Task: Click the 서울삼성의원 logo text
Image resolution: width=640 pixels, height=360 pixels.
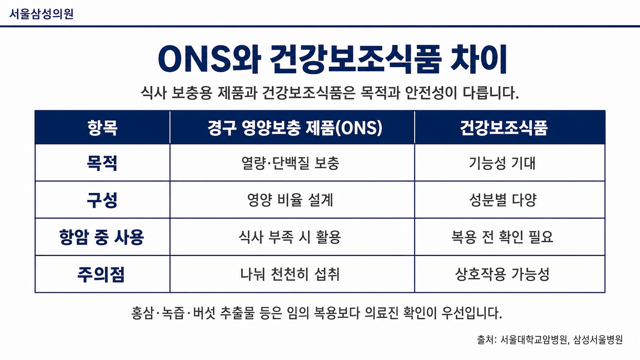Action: pos(42,14)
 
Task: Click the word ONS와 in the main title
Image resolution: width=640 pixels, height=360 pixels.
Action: pos(209,59)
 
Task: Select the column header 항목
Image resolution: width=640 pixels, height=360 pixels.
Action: pos(102,128)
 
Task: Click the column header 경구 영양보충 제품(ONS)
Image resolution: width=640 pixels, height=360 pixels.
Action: pos(295,128)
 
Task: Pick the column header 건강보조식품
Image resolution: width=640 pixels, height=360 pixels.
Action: pos(504,128)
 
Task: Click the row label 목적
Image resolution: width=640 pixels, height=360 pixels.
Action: pos(102,163)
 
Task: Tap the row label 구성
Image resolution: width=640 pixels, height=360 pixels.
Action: pos(102,200)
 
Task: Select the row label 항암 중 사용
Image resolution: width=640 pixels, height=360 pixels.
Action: pos(101,237)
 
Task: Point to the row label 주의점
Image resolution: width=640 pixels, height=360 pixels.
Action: pos(101,274)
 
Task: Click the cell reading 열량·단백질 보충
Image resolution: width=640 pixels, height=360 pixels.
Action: pos(290,163)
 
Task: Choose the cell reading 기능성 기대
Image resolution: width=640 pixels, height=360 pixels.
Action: pos(502,163)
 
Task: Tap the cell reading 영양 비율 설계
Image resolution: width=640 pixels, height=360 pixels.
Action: pos(290,200)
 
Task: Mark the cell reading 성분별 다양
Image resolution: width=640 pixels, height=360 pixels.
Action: pos(503,200)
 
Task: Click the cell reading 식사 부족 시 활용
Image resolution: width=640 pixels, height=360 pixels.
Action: pos(290,237)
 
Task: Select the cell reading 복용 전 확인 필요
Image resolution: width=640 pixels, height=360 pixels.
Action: pos(502,237)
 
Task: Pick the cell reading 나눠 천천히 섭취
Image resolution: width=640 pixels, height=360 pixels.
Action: pos(290,274)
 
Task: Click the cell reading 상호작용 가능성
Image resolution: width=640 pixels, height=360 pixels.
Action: pos(502,274)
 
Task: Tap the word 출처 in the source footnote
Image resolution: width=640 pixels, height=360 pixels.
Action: pos(484,340)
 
